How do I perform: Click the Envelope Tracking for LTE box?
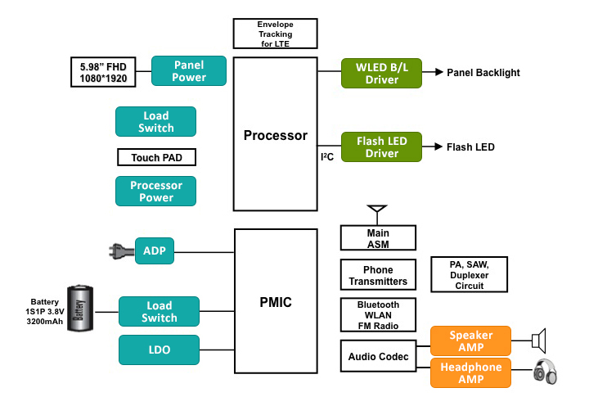click(x=275, y=34)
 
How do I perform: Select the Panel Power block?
click(x=189, y=70)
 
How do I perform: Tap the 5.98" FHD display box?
click(x=103, y=72)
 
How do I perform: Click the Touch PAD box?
click(x=156, y=157)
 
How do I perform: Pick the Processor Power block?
click(x=156, y=191)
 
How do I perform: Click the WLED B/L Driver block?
click(x=382, y=74)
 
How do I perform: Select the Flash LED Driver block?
click(x=382, y=147)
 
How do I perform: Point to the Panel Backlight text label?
click(x=483, y=73)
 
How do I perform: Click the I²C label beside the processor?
click(x=327, y=157)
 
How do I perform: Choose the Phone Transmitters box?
click(x=378, y=275)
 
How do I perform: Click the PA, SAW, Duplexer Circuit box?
click(x=470, y=275)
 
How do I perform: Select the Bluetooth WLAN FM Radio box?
click(x=378, y=315)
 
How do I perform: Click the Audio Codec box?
click(x=378, y=356)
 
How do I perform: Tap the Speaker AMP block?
click(x=470, y=341)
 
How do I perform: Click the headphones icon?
click(x=545, y=372)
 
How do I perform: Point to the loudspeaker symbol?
click(x=539, y=341)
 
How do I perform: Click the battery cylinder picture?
click(x=80, y=309)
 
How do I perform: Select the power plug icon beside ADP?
click(x=121, y=251)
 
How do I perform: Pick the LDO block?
click(x=159, y=350)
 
